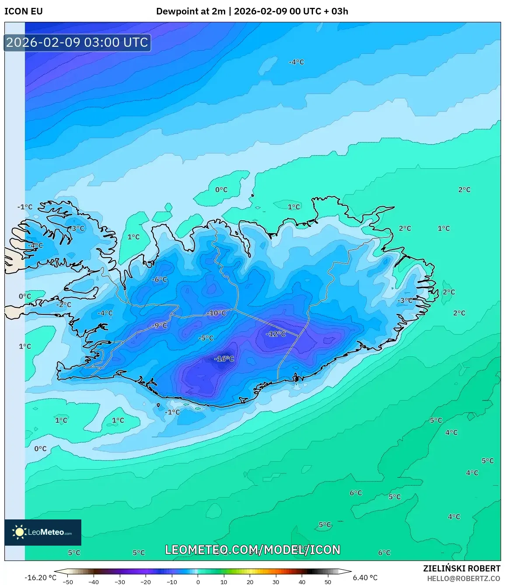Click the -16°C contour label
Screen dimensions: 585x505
(224, 359)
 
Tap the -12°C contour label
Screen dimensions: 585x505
(276, 334)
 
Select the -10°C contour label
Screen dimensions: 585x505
(216, 313)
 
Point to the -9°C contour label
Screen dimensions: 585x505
(160, 325)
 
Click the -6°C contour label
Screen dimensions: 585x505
(160, 279)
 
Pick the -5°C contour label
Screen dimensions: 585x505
(206, 338)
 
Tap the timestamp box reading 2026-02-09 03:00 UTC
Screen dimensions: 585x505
(77, 42)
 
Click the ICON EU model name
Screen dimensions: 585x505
(24, 11)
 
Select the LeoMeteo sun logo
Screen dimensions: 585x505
(20, 532)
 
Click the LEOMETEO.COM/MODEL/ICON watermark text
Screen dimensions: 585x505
(253, 550)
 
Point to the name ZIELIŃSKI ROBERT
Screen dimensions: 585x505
(462, 568)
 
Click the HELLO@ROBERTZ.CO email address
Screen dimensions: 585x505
(463, 578)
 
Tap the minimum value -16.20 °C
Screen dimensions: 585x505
(41, 578)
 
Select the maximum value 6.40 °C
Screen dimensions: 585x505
(365, 578)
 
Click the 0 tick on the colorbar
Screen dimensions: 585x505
(198, 582)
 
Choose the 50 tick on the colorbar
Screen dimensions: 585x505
(328, 582)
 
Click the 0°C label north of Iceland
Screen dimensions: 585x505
(221, 190)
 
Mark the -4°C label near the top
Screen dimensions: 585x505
(296, 62)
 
